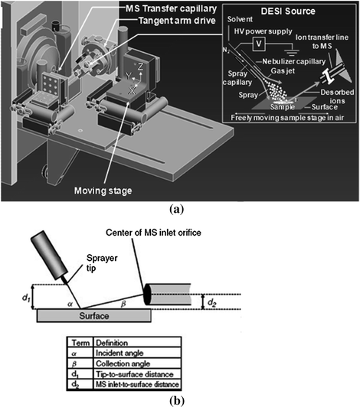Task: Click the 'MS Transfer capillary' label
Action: pos(171,8)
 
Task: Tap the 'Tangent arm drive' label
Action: pos(177,21)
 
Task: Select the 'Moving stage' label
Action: pos(103,190)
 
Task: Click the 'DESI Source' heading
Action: pos(288,11)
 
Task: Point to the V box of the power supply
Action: pos(259,44)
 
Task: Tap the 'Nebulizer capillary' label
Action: pos(293,61)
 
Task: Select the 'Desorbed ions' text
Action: pos(337,96)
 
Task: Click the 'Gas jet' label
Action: pos(283,71)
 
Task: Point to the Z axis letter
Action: pos(140,67)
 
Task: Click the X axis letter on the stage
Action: pos(132,90)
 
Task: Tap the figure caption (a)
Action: pos(176,209)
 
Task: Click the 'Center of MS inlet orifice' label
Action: pos(153,233)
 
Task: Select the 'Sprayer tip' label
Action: pos(102,263)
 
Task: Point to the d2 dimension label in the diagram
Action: pos(212,303)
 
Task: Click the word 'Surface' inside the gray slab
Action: pos(94,316)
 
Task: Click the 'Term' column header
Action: pos(80,343)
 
